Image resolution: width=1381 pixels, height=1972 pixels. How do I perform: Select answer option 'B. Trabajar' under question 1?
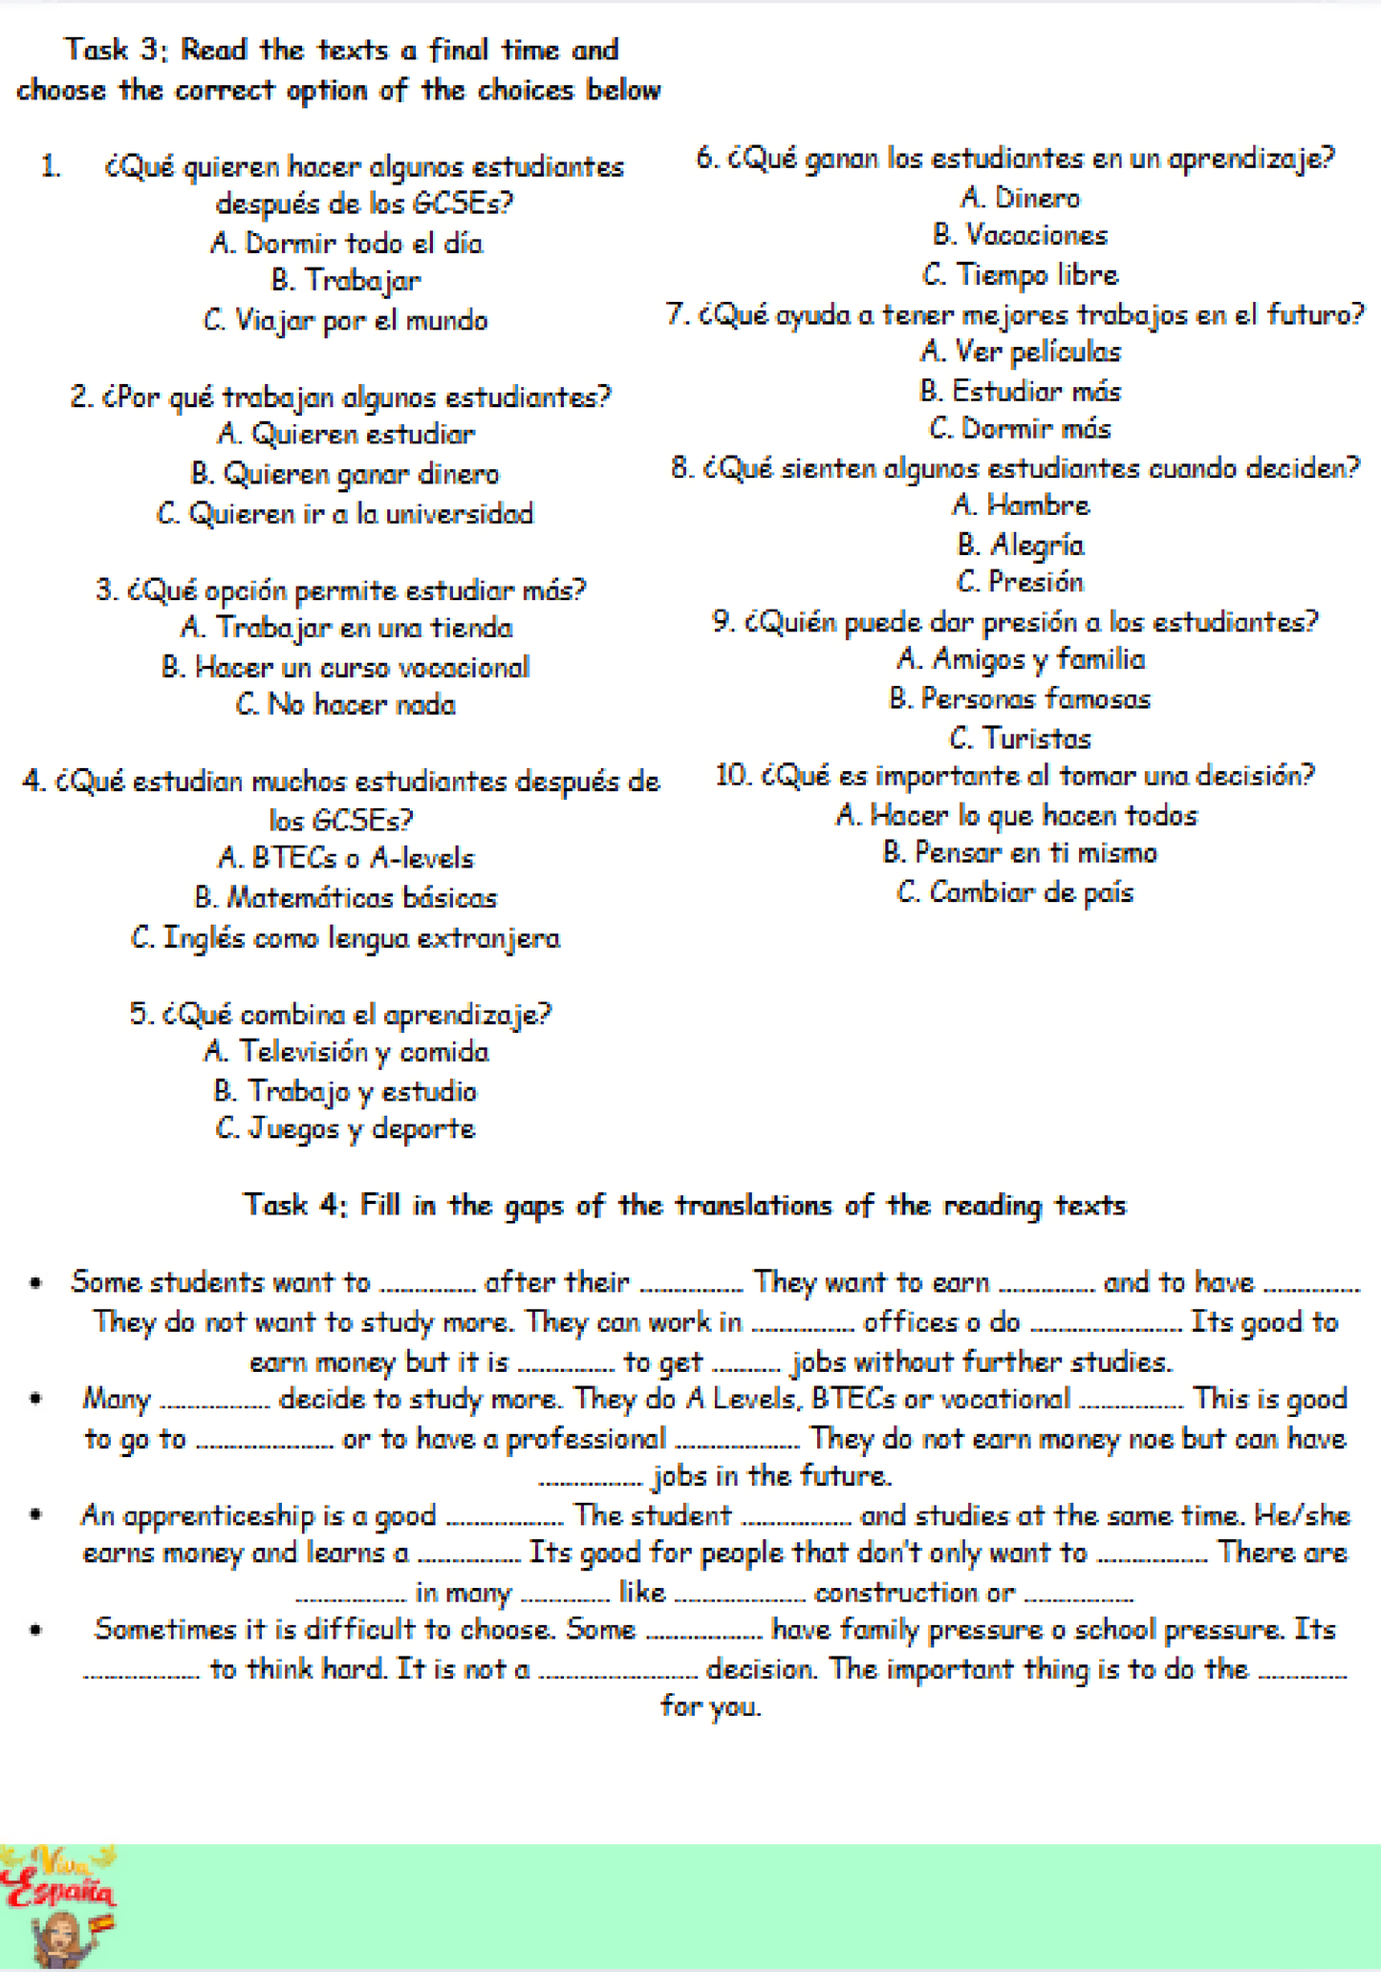(x=345, y=281)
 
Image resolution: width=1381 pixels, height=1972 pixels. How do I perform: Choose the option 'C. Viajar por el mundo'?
(x=345, y=320)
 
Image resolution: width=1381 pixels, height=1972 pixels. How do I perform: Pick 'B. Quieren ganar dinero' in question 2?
(x=345, y=474)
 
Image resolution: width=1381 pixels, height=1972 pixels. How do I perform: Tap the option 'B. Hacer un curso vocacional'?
(x=345, y=667)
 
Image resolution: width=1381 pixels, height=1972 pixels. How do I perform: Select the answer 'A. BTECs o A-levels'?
(x=345, y=858)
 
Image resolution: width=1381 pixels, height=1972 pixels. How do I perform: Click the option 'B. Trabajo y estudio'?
(x=345, y=1091)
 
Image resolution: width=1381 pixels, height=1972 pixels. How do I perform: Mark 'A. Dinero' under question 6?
(x=1020, y=198)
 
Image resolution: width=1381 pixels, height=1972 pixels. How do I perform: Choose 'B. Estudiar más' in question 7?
(x=1020, y=391)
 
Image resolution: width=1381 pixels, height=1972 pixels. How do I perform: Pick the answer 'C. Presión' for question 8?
(x=1020, y=582)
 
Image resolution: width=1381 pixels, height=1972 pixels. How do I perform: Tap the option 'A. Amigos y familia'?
(x=1020, y=659)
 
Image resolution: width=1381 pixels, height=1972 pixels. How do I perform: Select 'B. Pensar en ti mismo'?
(x=1020, y=852)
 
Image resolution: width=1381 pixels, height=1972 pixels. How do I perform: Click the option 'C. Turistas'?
(x=1020, y=739)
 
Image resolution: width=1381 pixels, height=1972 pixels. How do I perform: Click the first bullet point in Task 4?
(x=36, y=1283)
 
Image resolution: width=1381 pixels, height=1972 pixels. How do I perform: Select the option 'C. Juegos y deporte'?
(x=345, y=1129)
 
